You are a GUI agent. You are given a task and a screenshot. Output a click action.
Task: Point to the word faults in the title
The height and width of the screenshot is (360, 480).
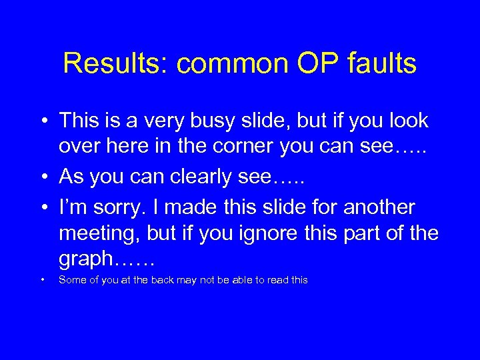point(382,64)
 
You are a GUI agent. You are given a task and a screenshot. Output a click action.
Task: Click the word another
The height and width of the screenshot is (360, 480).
point(379,207)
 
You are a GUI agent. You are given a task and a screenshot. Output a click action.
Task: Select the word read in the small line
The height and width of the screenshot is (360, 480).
point(277,280)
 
